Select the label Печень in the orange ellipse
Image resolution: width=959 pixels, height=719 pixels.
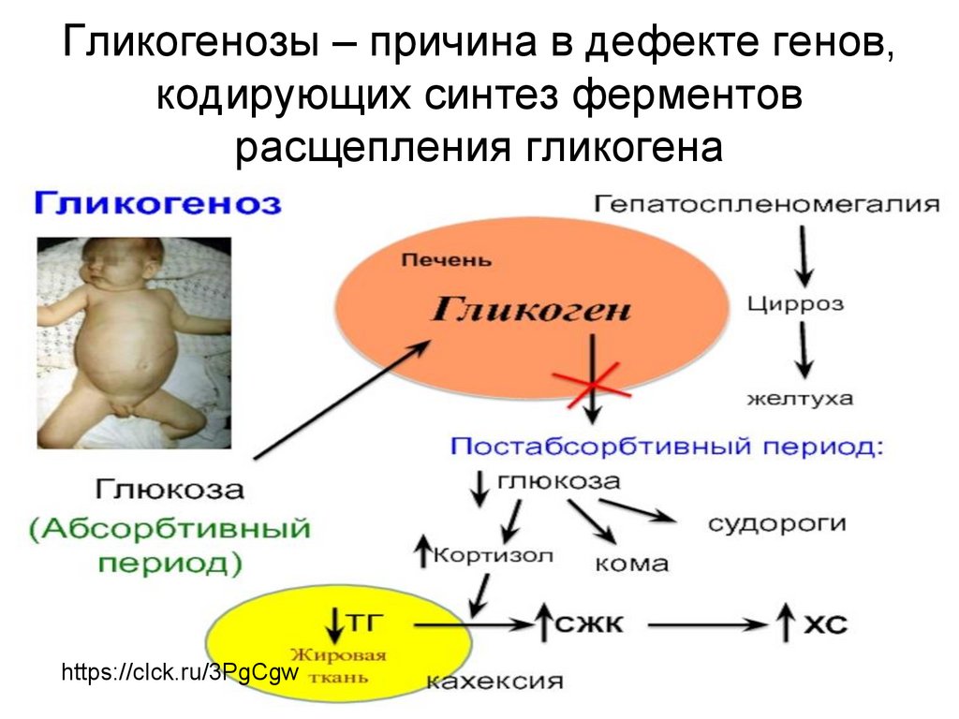[445, 259]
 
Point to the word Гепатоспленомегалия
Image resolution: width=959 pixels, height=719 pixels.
[765, 203]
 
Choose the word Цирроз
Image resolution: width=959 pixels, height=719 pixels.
[796, 304]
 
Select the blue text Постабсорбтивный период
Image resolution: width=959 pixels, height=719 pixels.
[666, 447]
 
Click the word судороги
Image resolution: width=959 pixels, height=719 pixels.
[777, 522]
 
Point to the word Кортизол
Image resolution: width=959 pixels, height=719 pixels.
[493, 556]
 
